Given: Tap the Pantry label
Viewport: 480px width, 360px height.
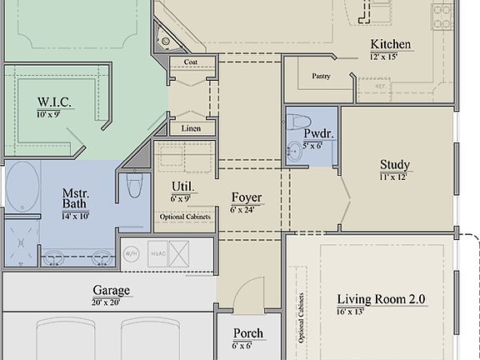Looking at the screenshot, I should coord(322,77).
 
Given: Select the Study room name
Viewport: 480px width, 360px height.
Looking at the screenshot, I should coord(394,164).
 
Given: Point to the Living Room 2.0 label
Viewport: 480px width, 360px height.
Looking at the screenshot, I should coord(386,299).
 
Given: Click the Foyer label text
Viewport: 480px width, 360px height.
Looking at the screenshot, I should coord(247,197).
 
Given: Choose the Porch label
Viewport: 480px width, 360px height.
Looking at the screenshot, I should coord(247,333).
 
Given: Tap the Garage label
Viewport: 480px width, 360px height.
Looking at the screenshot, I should coord(111,291).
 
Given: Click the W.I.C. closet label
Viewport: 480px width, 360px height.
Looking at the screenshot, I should coord(52,102).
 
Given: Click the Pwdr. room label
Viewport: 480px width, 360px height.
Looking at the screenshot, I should coord(318,133).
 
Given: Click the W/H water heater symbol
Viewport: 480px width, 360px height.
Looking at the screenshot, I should coord(132,252).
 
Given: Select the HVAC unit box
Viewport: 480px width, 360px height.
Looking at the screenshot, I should coord(157,252).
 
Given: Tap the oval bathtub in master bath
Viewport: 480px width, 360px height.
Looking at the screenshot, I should coord(22,187).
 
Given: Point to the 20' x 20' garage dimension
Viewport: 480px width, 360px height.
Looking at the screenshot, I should coord(111,302).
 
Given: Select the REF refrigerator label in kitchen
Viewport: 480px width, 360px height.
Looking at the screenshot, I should coord(380,86).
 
